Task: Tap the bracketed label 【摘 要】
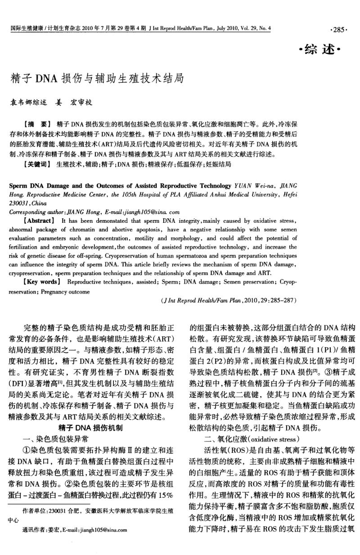tap(37, 123)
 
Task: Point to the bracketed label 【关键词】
tap(37, 165)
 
